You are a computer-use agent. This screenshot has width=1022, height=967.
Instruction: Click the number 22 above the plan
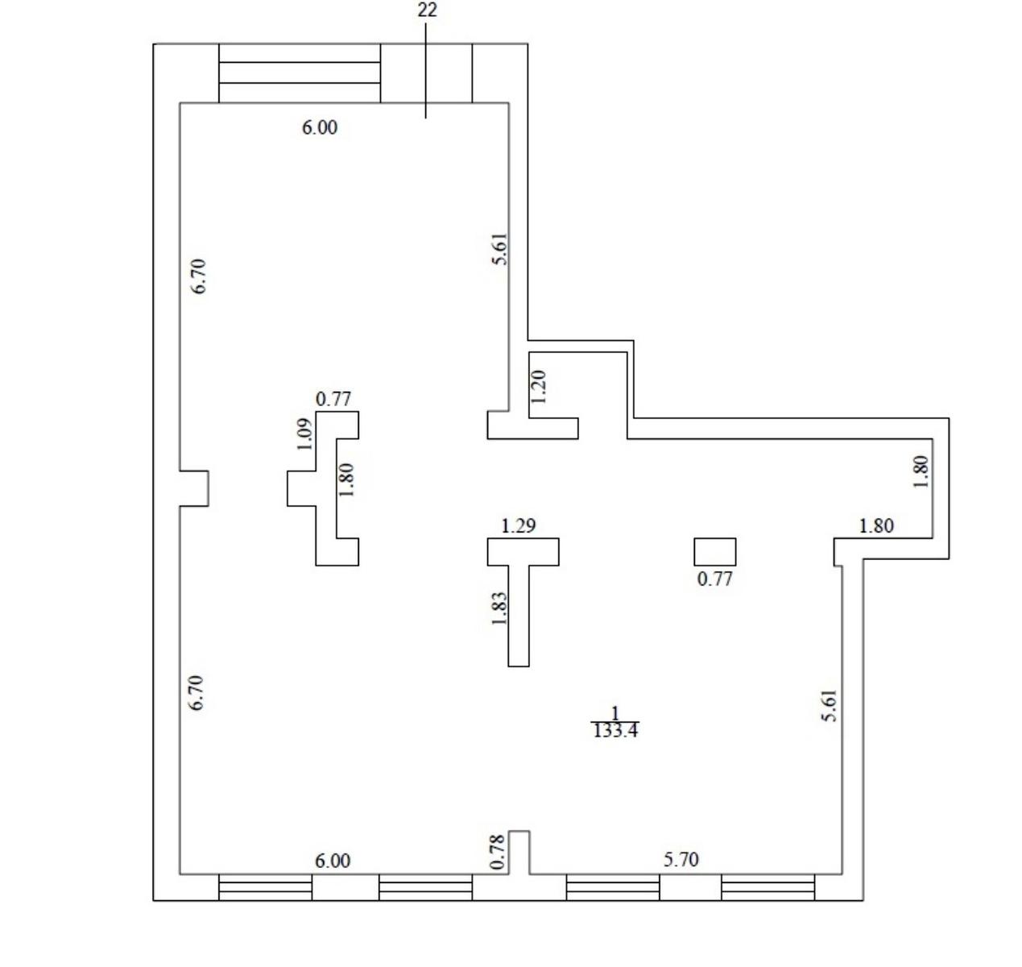click(427, 10)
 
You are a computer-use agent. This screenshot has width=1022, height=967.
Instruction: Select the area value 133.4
click(615, 731)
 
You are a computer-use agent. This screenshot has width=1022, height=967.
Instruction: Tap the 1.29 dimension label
click(518, 526)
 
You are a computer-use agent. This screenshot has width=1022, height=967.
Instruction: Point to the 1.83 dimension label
click(499, 608)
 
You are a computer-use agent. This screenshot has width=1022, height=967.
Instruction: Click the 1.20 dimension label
click(539, 387)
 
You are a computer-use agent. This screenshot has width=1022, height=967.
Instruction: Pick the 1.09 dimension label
click(305, 434)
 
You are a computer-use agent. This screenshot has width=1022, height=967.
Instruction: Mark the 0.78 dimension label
click(498, 852)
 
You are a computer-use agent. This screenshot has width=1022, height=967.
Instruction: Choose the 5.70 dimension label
click(681, 860)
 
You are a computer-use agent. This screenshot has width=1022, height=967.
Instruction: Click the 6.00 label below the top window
click(320, 127)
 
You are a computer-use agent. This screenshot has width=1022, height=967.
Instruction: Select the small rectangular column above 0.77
click(715, 552)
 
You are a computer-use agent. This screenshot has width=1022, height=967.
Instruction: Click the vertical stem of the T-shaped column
click(519, 616)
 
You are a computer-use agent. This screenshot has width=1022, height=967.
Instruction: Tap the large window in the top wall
click(300, 73)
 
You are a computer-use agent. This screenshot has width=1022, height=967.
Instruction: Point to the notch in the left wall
click(194, 488)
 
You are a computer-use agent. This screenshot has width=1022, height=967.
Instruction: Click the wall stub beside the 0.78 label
click(519, 853)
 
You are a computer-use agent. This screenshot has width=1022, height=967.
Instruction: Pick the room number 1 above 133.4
click(615, 712)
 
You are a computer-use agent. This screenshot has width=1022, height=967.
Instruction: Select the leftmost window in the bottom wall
click(265, 887)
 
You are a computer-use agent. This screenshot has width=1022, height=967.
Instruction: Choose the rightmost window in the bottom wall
click(768, 887)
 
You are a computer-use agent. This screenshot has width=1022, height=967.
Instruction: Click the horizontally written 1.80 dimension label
click(876, 526)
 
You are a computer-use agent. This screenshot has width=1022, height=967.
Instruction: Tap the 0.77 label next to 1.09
click(333, 399)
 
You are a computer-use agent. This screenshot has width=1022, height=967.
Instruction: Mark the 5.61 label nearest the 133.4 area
click(830, 706)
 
